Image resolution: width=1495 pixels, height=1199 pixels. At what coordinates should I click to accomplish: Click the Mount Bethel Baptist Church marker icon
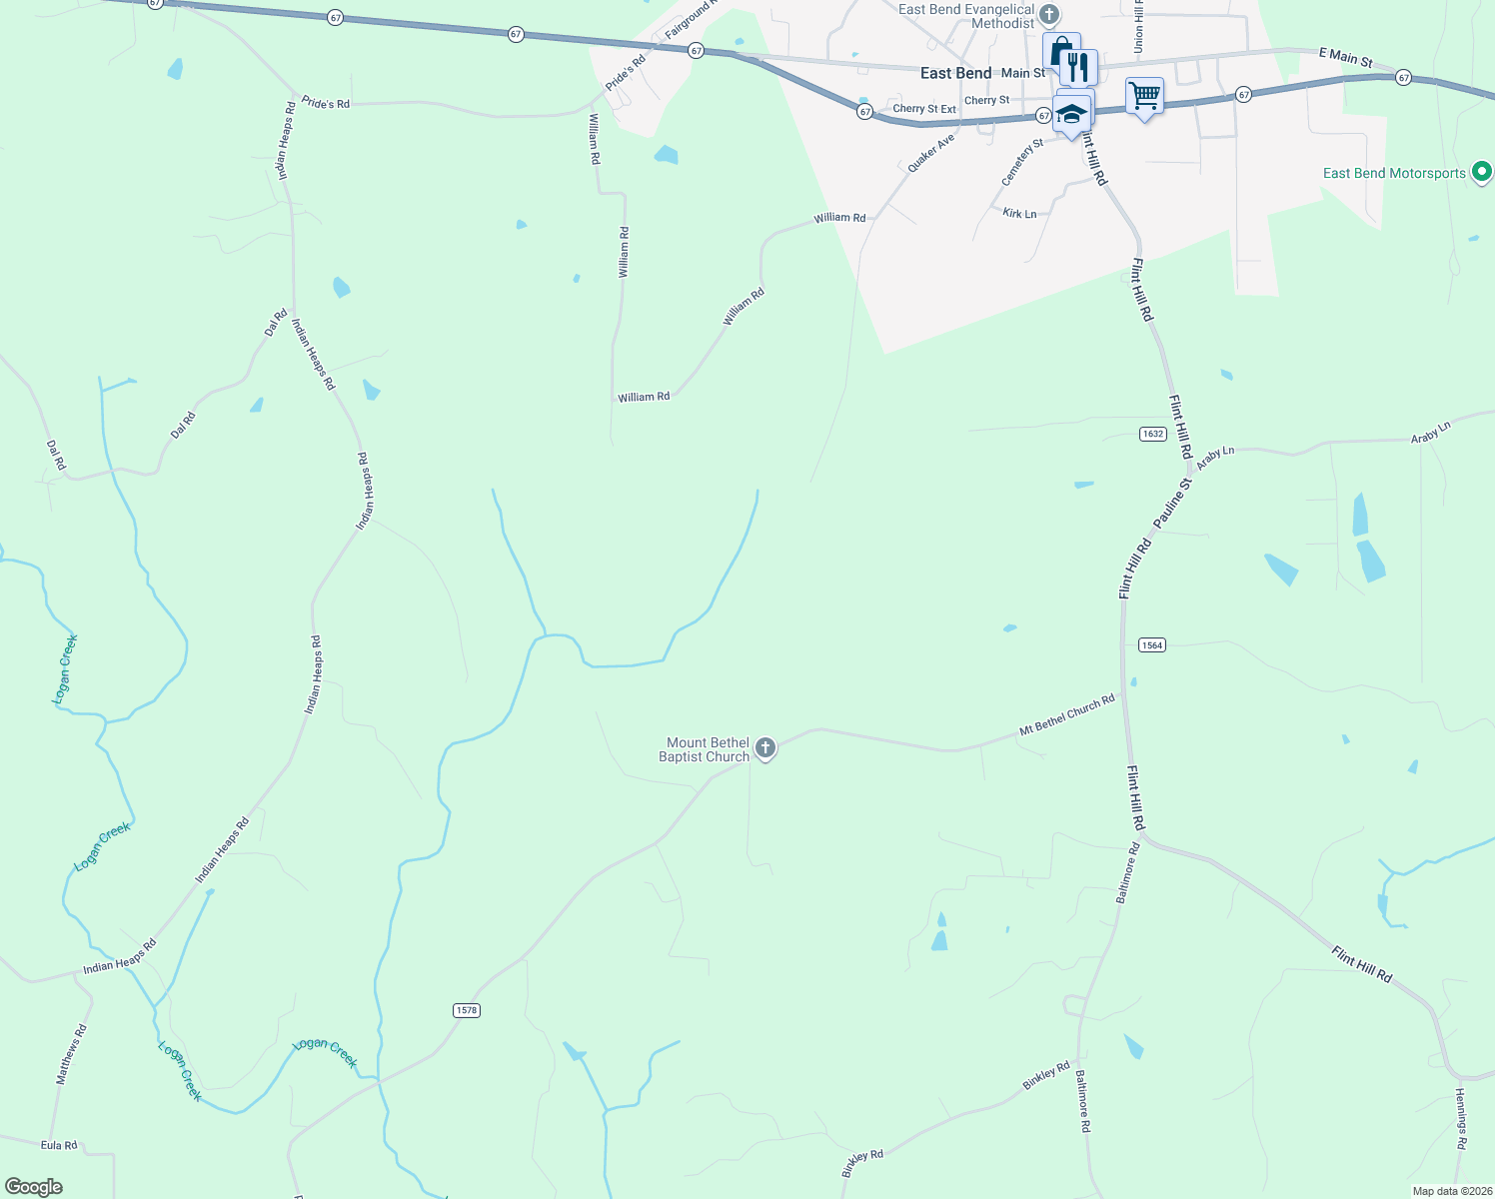coord(765,748)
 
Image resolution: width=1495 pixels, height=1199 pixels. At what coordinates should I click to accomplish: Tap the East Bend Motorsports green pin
coord(1482,173)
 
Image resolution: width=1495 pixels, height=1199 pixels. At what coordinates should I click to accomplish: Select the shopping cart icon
coord(1144,97)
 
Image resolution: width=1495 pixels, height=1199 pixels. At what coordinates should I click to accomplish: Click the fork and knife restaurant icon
coord(1077,68)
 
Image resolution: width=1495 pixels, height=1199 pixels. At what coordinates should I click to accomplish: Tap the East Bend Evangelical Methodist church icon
coord(1048,15)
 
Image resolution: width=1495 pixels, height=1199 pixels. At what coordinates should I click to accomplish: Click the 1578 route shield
coord(467,1010)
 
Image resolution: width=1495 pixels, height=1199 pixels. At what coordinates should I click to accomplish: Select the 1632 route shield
coord(1152,434)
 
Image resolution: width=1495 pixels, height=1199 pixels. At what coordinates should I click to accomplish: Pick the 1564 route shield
coord(1152,645)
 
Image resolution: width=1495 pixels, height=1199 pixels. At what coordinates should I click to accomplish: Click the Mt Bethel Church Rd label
coord(1066,716)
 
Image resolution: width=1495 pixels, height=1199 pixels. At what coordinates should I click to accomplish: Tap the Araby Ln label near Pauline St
coord(1215,457)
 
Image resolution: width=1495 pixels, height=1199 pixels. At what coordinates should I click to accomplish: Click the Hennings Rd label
coord(1460,1118)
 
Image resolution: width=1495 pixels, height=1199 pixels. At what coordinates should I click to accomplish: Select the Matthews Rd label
coord(71,1054)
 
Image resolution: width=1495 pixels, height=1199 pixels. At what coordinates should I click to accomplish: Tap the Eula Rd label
coord(59,1145)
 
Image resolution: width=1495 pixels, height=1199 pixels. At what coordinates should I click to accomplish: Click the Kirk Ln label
coord(1019,214)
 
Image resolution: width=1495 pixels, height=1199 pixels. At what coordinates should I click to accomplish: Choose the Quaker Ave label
coord(930,154)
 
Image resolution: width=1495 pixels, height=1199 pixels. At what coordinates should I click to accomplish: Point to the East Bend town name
coord(955,73)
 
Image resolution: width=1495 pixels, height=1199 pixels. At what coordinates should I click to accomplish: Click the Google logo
coord(34,1187)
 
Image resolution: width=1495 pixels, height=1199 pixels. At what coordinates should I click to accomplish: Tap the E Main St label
coord(1345,58)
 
